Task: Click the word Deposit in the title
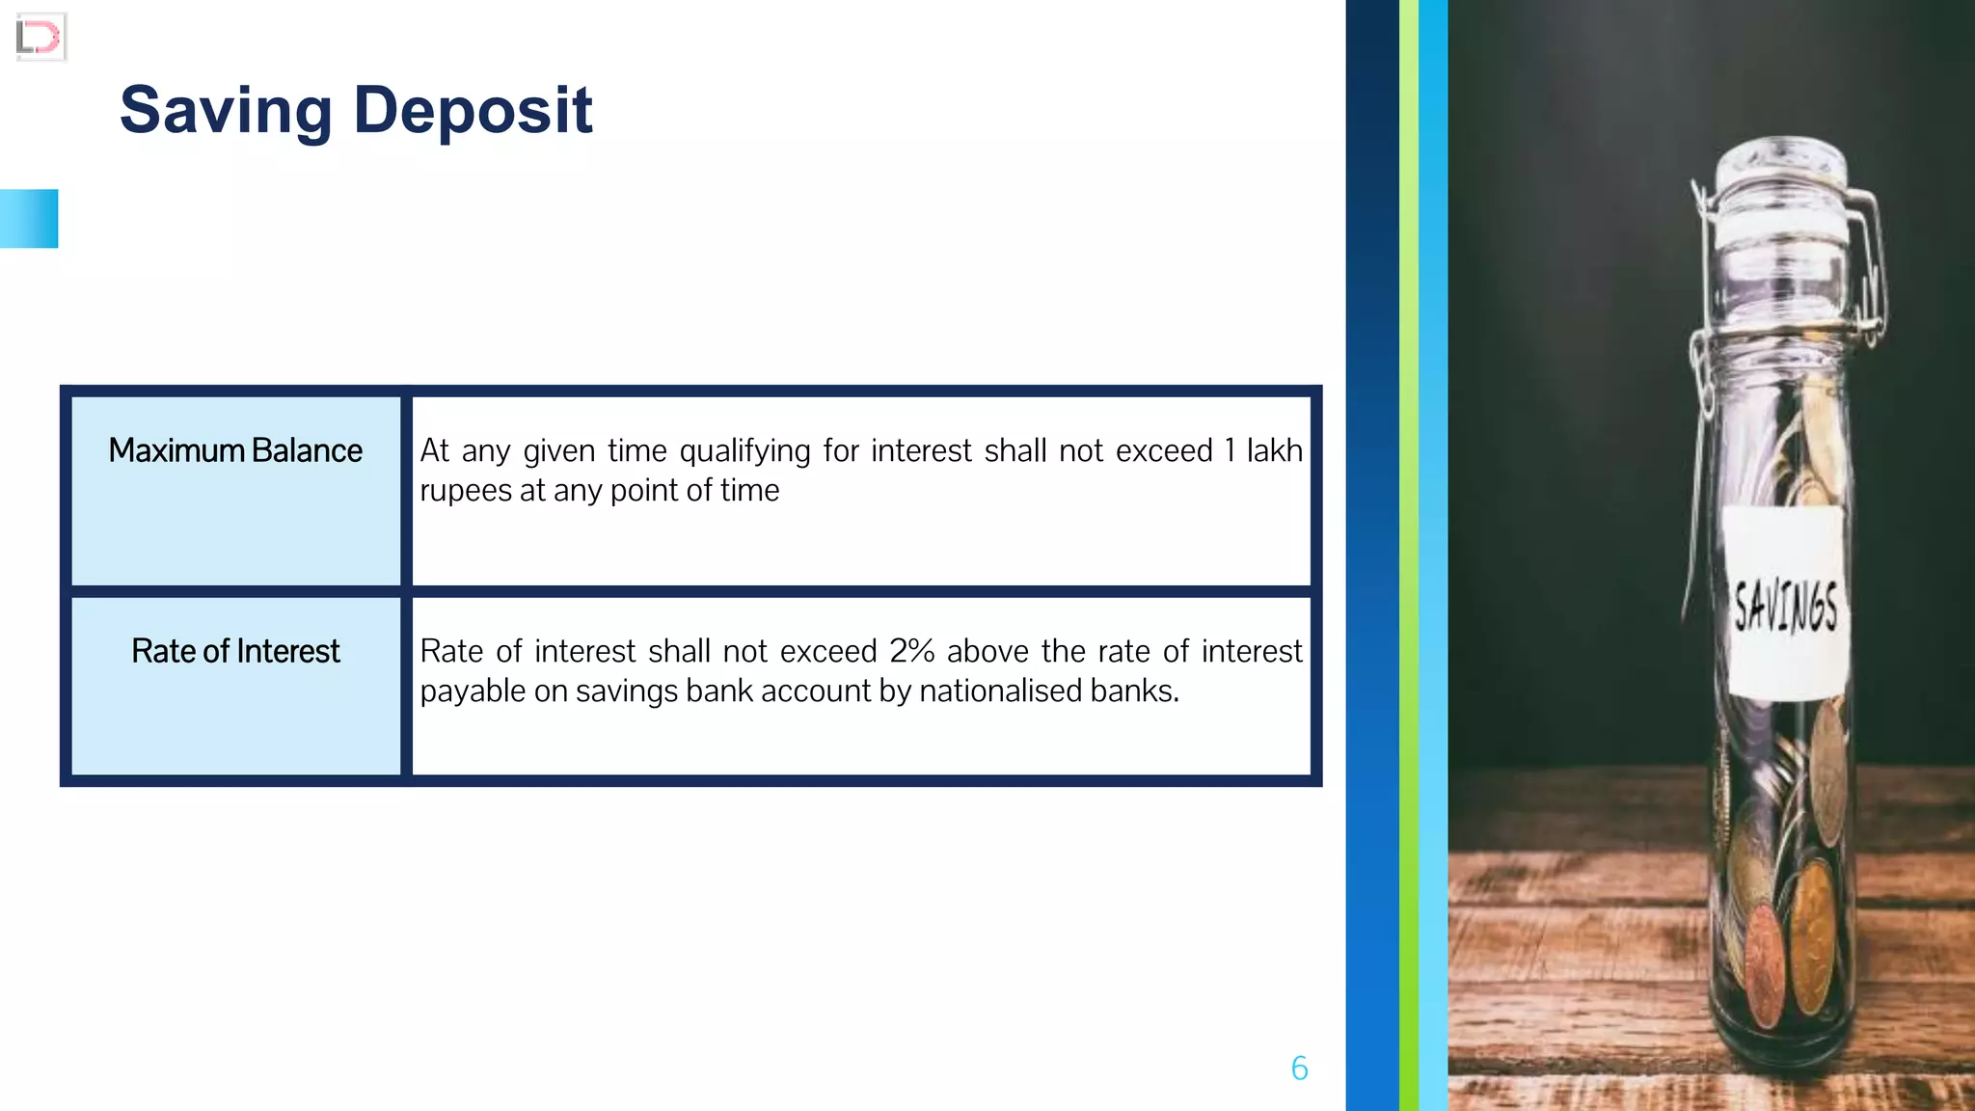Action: pos(473,111)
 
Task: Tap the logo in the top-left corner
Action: pos(40,38)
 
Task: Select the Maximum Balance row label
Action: pos(235,450)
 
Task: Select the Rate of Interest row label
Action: pos(235,651)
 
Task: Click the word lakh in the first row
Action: pos(1274,450)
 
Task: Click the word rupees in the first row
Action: pos(465,491)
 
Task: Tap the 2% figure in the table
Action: pos(911,651)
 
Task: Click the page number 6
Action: pos(1299,1069)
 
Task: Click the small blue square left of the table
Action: pos(29,219)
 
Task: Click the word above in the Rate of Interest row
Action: pos(987,651)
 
